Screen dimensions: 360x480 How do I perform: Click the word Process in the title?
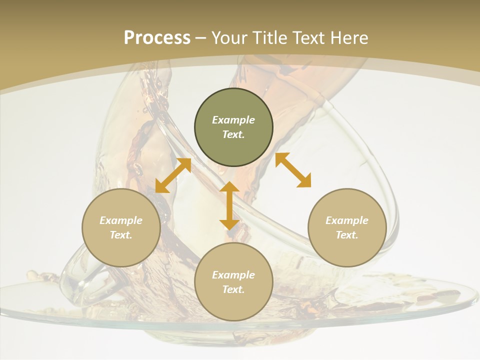click(157, 38)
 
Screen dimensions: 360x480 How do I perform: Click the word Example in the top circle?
click(233, 120)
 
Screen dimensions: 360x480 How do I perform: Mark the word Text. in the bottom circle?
click(233, 289)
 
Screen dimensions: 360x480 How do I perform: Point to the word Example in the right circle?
click(347, 220)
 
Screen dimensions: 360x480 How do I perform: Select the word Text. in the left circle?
click(121, 235)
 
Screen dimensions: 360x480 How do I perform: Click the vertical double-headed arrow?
click(229, 205)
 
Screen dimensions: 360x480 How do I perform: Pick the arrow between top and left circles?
click(173, 175)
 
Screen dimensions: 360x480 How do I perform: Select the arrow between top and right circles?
click(293, 170)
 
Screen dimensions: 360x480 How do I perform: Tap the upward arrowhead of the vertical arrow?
click(229, 187)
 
